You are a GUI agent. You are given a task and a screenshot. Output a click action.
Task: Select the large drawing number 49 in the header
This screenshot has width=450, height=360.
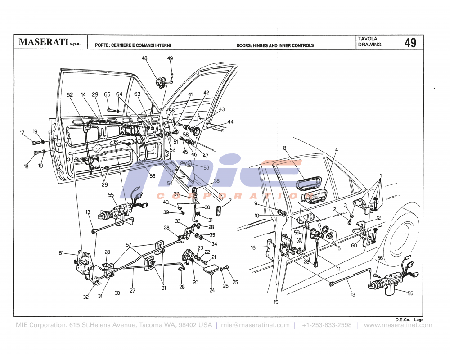[x=410, y=43]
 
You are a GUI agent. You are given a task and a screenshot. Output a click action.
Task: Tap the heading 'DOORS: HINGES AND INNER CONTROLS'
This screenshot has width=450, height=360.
[x=275, y=45]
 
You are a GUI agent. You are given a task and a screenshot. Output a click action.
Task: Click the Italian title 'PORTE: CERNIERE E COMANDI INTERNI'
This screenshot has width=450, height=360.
[x=133, y=45]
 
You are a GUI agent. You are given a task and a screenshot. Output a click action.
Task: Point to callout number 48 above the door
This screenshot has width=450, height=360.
[x=144, y=58]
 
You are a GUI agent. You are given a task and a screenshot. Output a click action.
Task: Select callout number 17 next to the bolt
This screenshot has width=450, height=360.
[x=22, y=132]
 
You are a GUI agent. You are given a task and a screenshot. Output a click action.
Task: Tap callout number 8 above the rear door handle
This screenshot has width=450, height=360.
[x=284, y=148]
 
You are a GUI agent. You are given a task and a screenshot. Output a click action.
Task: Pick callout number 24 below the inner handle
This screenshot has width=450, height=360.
[x=212, y=290]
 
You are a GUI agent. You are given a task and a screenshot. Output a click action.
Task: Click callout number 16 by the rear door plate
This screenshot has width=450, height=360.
[x=253, y=247]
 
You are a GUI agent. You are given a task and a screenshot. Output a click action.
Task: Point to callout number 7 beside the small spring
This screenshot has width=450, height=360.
[x=230, y=200]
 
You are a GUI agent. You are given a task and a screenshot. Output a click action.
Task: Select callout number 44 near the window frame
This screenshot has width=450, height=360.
[x=230, y=122]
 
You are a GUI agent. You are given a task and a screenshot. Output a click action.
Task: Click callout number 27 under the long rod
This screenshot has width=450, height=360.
[x=132, y=291]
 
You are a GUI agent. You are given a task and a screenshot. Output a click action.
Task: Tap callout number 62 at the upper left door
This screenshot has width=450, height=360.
[x=70, y=95]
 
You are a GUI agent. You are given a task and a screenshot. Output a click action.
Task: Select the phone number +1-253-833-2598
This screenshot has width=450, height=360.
[x=327, y=325]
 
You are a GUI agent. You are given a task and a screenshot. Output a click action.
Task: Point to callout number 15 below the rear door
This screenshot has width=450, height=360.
[x=276, y=302]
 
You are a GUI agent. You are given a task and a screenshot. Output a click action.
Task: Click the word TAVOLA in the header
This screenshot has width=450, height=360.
[x=368, y=39]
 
